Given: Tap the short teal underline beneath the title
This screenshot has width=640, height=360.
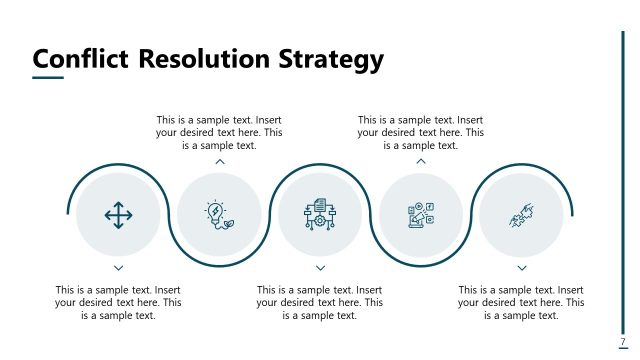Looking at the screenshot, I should click(x=47, y=78).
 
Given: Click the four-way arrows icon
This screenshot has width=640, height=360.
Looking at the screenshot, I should click(x=118, y=215).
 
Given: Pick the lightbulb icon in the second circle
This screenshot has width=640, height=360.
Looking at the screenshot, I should click(x=218, y=215).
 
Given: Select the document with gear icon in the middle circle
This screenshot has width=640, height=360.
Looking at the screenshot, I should click(x=319, y=215).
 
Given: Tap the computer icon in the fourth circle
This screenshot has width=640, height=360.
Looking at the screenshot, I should click(x=420, y=215).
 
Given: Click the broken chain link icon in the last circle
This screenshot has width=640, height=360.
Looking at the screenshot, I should click(x=521, y=215).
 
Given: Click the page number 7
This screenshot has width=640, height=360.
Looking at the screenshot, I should click(x=623, y=342).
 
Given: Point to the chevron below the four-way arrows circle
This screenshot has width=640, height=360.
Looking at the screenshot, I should click(x=118, y=268).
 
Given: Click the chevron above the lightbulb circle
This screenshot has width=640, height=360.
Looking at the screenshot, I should click(x=219, y=161).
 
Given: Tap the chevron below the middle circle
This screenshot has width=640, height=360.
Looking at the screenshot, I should click(x=320, y=268).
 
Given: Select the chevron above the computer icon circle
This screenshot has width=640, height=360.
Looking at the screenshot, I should click(x=421, y=161).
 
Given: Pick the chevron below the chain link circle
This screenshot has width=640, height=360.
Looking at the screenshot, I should click(x=522, y=268).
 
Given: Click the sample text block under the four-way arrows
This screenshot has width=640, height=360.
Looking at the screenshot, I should click(x=118, y=302).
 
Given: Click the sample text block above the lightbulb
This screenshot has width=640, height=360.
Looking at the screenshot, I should click(x=219, y=132).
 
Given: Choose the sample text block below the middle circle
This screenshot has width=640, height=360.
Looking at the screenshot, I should click(x=320, y=302).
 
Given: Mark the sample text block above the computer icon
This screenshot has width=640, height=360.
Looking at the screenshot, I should click(x=421, y=132).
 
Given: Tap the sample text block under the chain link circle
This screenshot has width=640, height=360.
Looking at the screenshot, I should click(x=522, y=302).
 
